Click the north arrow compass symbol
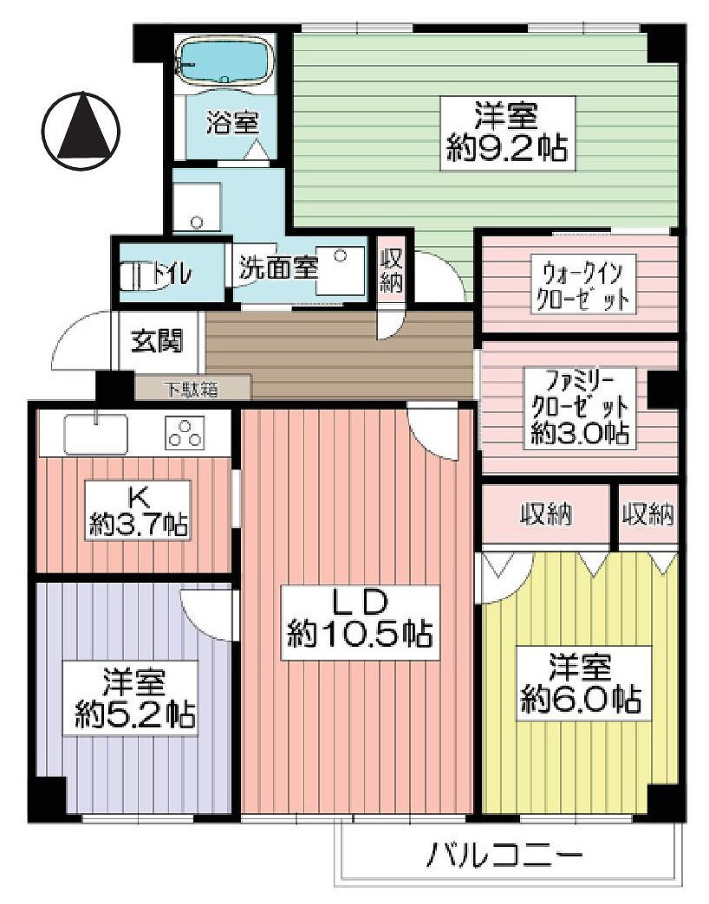pos(81,131)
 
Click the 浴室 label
pos(233,122)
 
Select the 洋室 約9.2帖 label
pos(508,133)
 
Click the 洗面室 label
pos(278,268)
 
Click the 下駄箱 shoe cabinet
pos(192,389)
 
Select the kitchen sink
pos(95,434)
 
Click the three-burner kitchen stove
pos(185,433)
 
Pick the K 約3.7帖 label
pos(137,510)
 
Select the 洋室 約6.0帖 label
pos(580,683)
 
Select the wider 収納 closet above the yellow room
pos(545,514)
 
